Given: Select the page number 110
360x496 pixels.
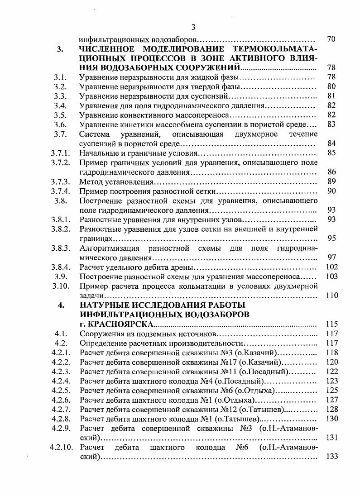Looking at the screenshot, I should tap(332, 296).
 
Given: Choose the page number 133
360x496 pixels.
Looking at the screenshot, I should tap(332, 457).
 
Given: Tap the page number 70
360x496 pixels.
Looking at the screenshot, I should tap(331, 39).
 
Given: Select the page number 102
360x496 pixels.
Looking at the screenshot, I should tap(332, 267).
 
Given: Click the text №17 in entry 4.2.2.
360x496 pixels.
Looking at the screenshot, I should tap(227, 362).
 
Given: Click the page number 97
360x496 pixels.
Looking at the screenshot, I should tap(331, 258).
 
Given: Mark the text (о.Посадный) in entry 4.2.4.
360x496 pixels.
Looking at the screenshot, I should tap(240, 381).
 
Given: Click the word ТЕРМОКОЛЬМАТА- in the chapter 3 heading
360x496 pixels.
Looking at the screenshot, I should tap(274, 49).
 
